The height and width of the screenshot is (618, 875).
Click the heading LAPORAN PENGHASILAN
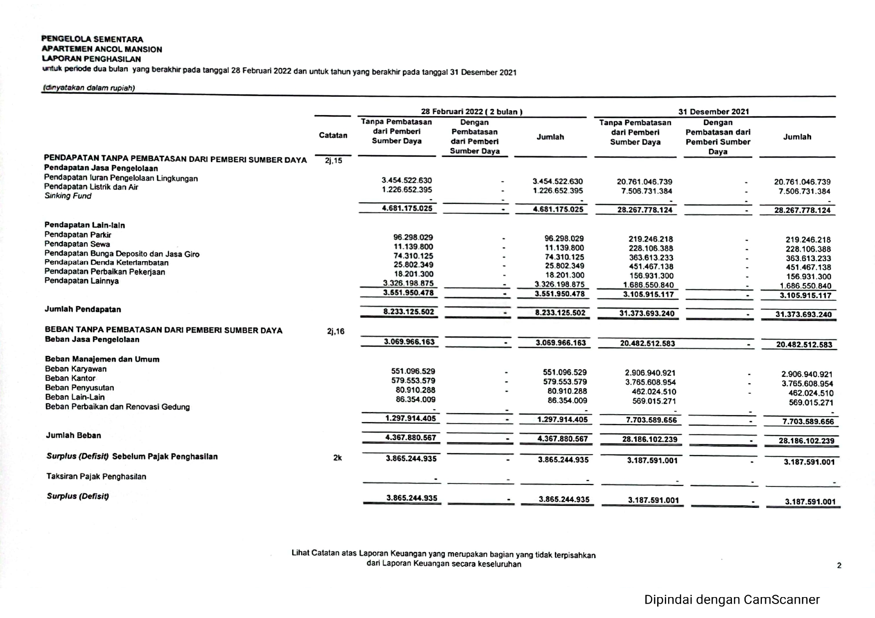(x=91, y=59)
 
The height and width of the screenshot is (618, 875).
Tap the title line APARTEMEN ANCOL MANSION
(x=102, y=49)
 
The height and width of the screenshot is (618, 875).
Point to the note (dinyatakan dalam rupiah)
(x=89, y=88)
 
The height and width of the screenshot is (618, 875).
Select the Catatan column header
(x=333, y=136)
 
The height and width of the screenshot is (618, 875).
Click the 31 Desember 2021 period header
(x=713, y=112)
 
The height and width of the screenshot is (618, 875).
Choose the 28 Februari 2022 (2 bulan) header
(x=472, y=112)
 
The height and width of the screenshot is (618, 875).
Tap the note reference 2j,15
(x=334, y=160)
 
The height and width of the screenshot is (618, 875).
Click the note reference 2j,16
(x=336, y=331)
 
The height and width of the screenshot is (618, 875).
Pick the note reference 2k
(x=338, y=458)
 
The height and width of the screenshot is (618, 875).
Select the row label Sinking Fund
(x=68, y=196)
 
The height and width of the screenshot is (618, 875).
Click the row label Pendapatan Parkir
(x=78, y=235)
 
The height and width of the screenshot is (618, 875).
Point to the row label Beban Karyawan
(x=76, y=369)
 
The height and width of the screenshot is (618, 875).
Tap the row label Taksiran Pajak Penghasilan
(x=96, y=476)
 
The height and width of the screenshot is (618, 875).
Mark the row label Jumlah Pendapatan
(x=83, y=309)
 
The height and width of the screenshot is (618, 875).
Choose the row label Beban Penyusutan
(x=79, y=388)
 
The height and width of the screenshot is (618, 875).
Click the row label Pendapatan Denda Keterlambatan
(x=106, y=263)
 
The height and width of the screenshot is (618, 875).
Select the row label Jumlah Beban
(x=73, y=436)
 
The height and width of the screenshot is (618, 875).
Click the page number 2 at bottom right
(x=839, y=565)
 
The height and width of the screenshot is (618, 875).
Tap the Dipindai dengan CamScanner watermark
(x=731, y=600)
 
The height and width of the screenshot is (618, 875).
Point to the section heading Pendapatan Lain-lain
(x=85, y=225)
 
